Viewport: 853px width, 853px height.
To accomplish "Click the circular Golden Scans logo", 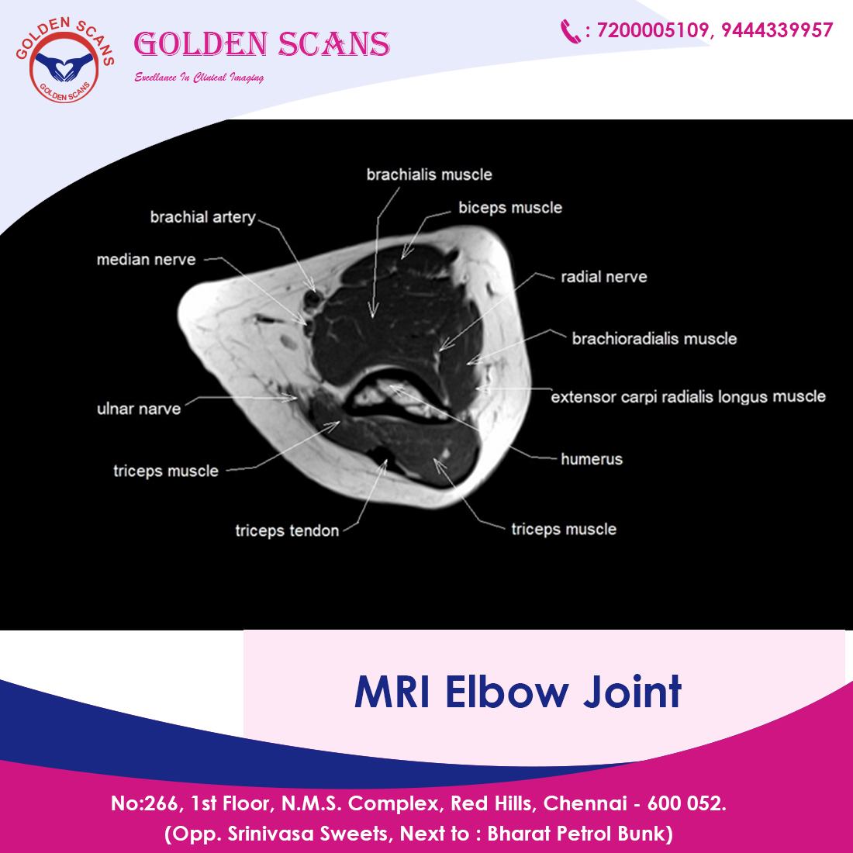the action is (64, 60).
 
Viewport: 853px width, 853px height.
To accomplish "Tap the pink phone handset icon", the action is (570, 31).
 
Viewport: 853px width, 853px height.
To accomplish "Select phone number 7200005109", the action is (652, 30).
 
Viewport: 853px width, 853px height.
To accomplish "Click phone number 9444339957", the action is (777, 30).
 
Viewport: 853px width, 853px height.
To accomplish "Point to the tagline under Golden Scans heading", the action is (199, 78).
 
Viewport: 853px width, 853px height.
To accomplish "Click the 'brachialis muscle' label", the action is (430, 174).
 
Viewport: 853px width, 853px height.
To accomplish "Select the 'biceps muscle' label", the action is (510, 208).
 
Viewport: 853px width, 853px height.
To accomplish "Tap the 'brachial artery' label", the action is (203, 217).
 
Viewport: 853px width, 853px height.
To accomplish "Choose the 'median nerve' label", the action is (146, 260).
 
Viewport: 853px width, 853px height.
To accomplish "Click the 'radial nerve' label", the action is (604, 277).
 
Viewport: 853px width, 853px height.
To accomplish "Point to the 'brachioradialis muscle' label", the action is (654, 339).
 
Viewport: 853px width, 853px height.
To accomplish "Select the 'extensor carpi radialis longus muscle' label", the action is (688, 396).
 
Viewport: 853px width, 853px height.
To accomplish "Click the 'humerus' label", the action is (592, 459).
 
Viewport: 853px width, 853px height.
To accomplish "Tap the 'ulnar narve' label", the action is (139, 409).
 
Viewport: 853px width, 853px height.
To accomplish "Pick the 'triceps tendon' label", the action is (287, 530).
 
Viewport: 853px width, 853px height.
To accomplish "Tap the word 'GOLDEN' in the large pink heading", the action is (201, 44).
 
